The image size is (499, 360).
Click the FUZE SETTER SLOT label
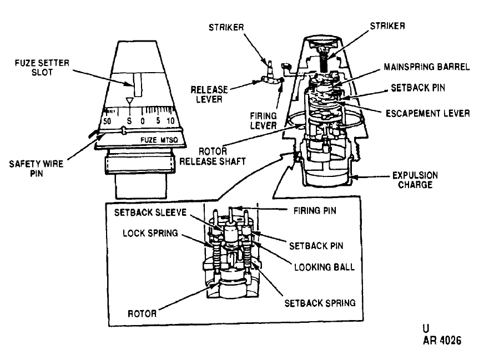(x=42, y=68)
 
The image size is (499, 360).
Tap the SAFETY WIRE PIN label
(x=36, y=169)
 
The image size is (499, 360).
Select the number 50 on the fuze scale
(x=107, y=121)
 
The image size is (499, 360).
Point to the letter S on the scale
(x=129, y=121)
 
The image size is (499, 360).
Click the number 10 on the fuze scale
(x=170, y=121)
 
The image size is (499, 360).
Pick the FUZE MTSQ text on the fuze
(x=159, y=140)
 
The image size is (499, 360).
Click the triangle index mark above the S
(x=129, y=102)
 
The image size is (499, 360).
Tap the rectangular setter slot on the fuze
(x=138, y=84)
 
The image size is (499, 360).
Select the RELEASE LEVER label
(x=209, y=94)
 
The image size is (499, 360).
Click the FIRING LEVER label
(x=263, y=120)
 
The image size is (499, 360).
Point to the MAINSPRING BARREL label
(x=426, y=67)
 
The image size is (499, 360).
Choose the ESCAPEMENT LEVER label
(x=428, y=113)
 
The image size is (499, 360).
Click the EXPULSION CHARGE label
(x=415, y=180)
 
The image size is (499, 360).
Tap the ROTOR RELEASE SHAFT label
(x=213, y=156)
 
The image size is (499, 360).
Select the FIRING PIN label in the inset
(x=315, y=211)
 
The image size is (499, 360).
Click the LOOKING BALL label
(x=324, y=267)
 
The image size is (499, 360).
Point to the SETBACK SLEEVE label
(x=150, y=212)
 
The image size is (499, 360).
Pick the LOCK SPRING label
(x=150, y=233)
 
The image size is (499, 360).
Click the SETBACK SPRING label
(x=320, y=303)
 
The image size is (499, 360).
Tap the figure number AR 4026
(x=442, y=341)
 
